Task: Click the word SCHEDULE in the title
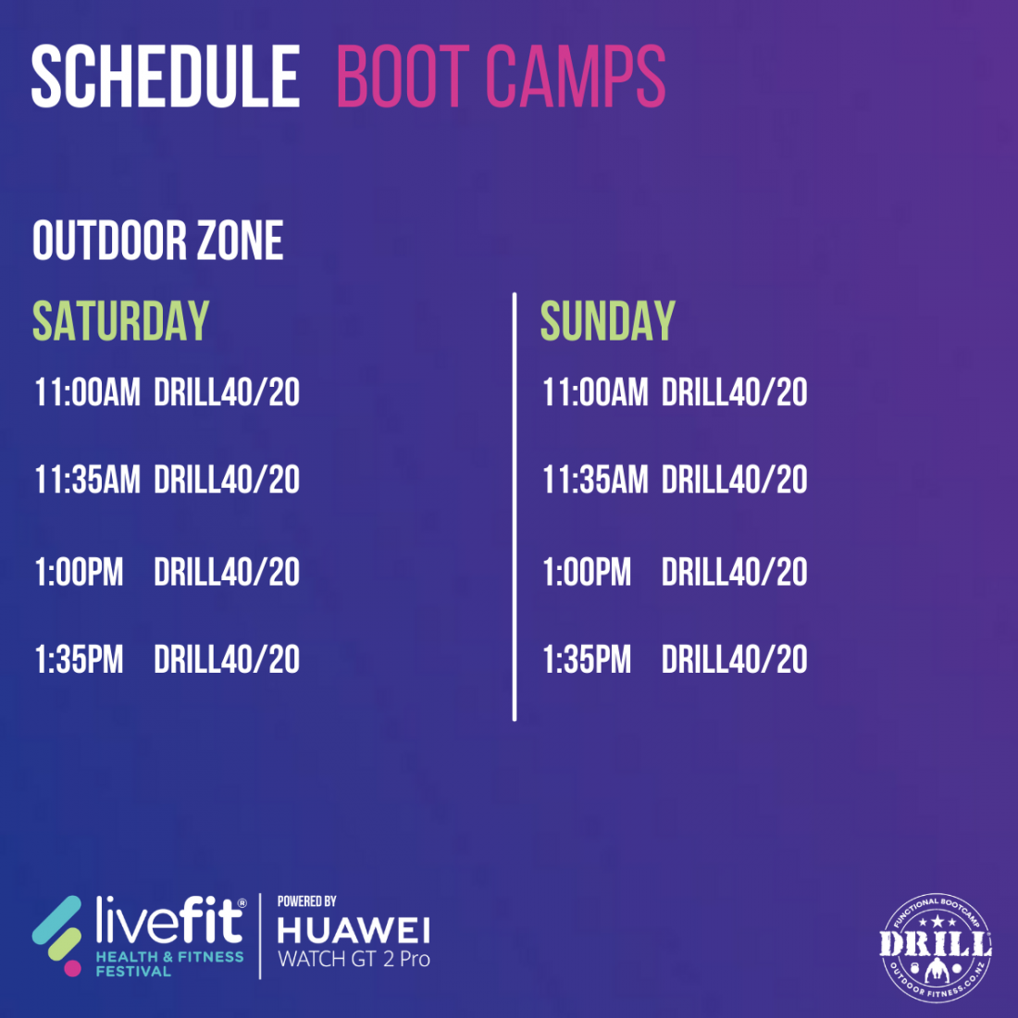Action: point(166,76)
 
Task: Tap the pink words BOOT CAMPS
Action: point(501,76)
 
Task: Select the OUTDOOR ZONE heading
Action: point(157,241)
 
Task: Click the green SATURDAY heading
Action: point(120,321)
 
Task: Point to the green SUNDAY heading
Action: point(608,321)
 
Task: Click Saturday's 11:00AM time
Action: point(88,392)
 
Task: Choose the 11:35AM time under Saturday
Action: point(88,479)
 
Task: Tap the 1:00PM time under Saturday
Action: point(80,572)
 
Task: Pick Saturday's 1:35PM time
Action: point(80,660)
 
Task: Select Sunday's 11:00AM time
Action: point(595,392)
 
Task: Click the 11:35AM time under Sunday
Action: point(595,479)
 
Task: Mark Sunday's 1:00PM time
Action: point(587,572)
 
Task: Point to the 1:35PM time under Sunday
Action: point(587,660)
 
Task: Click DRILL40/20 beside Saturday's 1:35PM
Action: point(227,660)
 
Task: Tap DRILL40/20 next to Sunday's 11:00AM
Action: point(734,392)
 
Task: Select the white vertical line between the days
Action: point(515,506)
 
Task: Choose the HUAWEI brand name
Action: point(354,931)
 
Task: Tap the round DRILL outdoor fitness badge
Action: point(936,948)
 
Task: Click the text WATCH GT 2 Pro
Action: point(354,959)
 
